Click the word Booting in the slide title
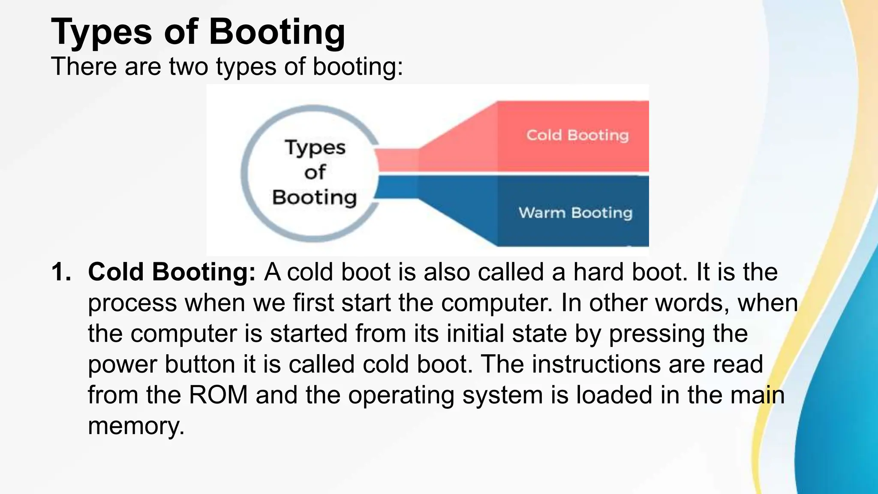coord(277,32)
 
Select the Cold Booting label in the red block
coord(577,136)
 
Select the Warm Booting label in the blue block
coord(575,213)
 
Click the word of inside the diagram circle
coord(315,172)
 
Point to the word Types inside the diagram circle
coord(315,148)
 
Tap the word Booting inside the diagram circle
coord(314,198)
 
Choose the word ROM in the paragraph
coord(218,395)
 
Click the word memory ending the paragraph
coord(136,426)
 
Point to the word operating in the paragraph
coord(401,395)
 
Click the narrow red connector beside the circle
coord(398,160)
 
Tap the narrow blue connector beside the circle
coord(398,187)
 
